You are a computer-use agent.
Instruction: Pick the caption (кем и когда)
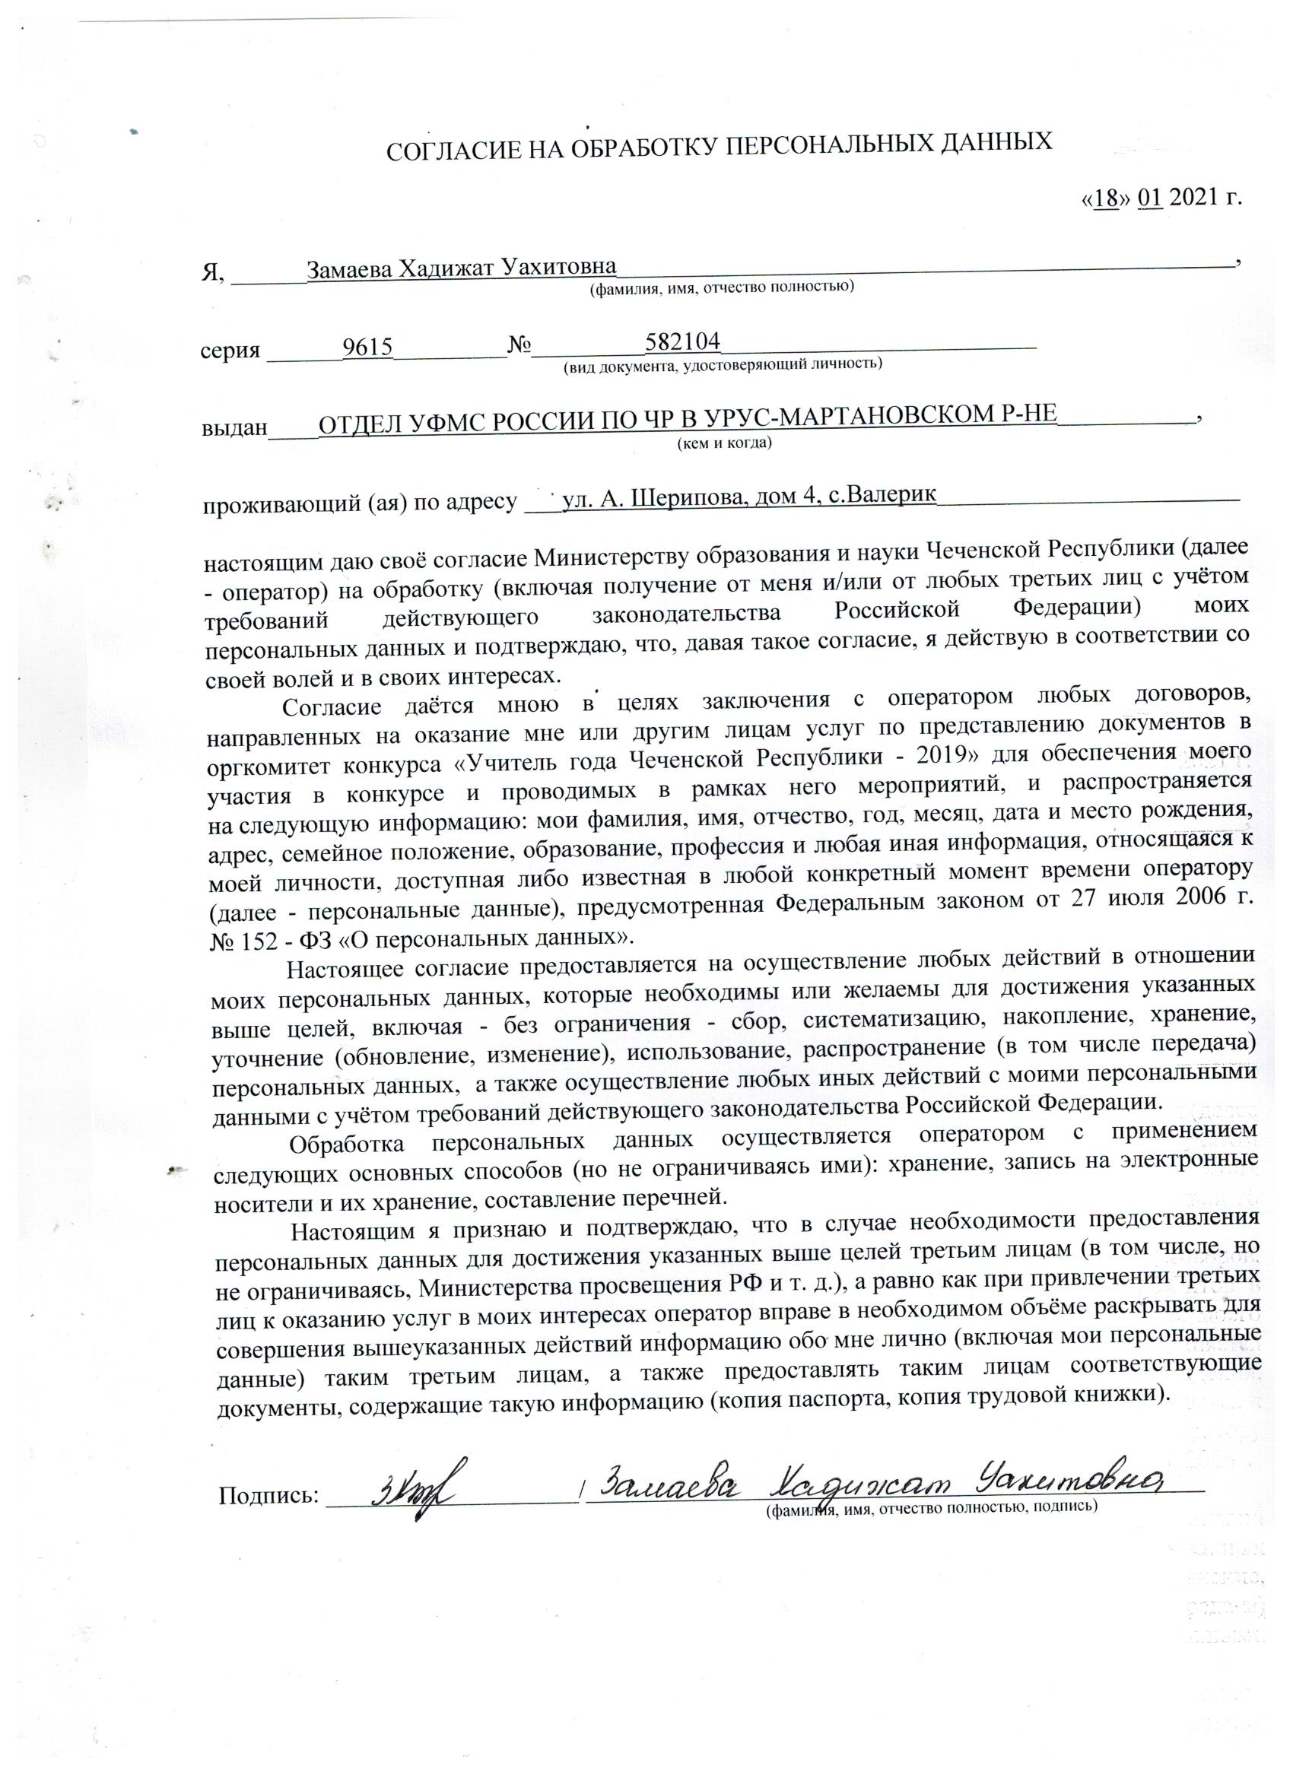pyautogui.click(x=725, y=443)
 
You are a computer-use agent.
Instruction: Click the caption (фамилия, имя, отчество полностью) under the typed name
pyautogui.click(x=721, y=287)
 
